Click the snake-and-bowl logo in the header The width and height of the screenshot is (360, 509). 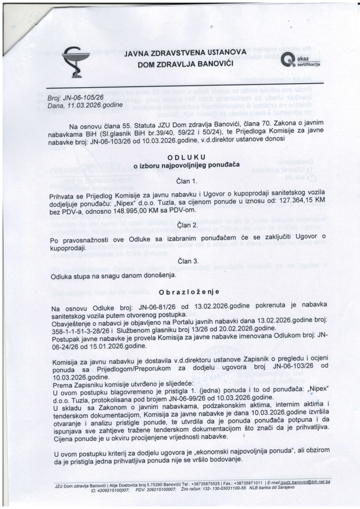tap(76, 63)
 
